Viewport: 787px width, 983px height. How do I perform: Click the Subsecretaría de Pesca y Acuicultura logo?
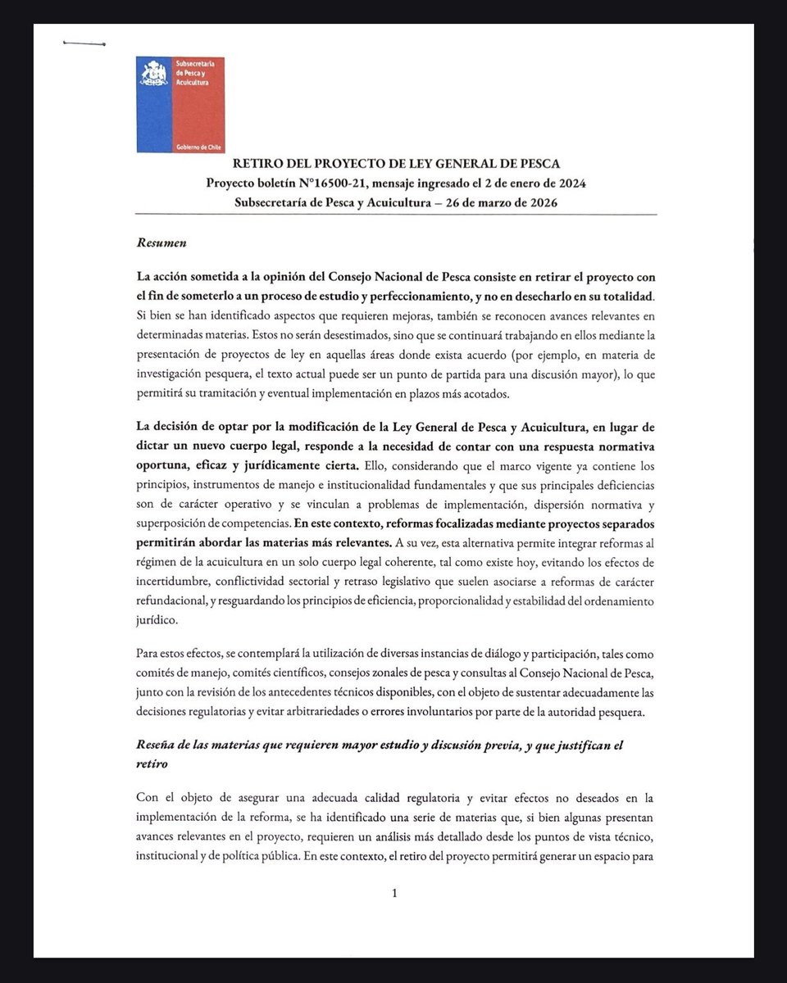click(180, 105)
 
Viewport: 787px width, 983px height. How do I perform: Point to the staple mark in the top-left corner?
click(84, 43)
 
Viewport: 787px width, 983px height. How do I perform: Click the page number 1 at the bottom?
click(395, 893)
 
